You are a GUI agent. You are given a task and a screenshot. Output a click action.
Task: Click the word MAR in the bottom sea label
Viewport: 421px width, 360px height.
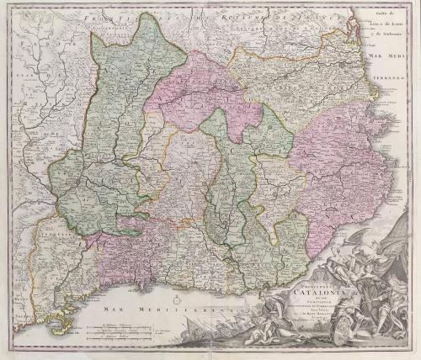click(104, 310)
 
